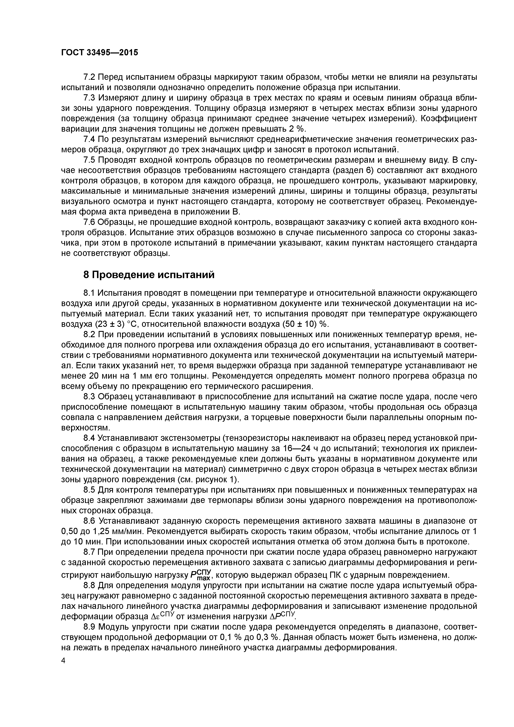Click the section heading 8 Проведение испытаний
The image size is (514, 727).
pyautogui.click(x=149, y=275)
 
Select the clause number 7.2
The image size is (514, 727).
pyautogui.click(x=89, y=77)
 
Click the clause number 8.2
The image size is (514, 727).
pyautogui.click(x=89, y=334)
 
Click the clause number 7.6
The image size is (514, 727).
pyautogui.click(x=89, y=222)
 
